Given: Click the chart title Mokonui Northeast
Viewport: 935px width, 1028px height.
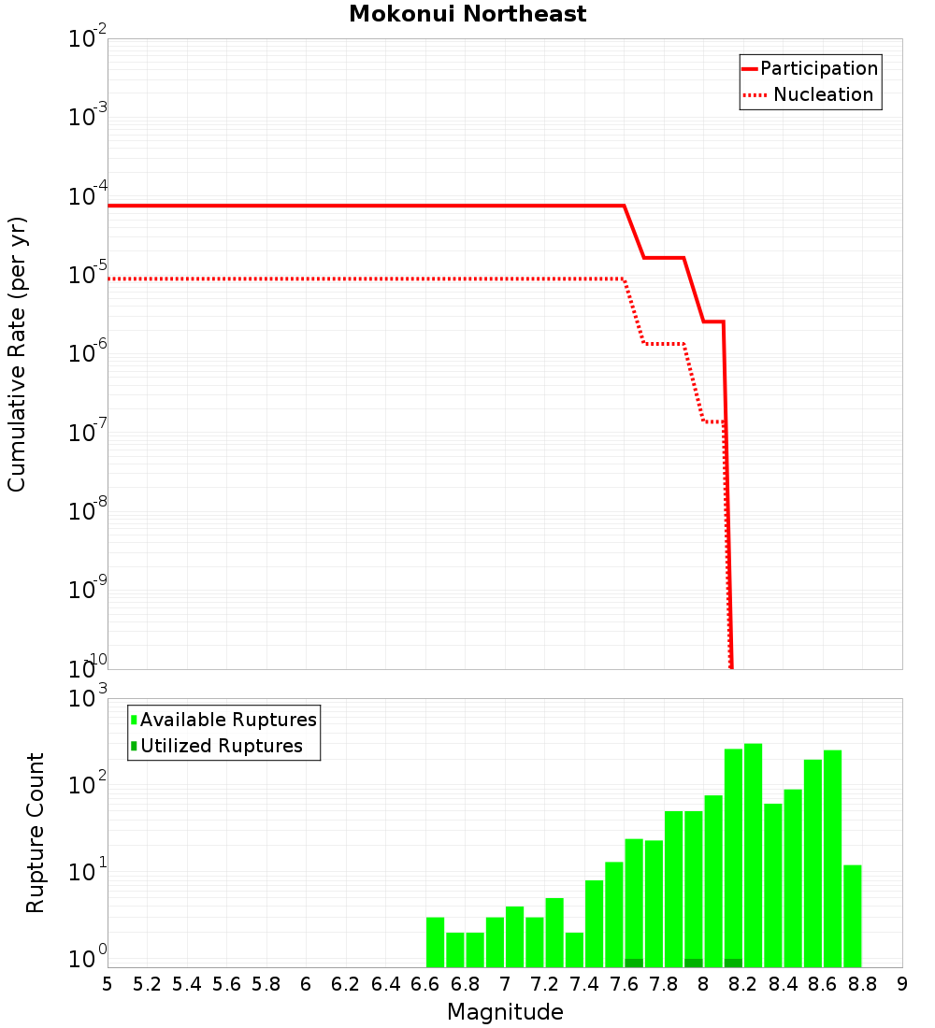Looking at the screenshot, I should (467, 14).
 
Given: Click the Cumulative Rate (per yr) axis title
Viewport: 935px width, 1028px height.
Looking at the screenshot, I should (17, 353).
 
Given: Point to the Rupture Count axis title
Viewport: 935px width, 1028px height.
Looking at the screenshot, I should (35, 832).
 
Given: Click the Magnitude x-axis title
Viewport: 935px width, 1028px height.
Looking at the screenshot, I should (505, 1012).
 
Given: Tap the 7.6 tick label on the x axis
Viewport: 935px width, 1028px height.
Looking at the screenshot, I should (624, 984).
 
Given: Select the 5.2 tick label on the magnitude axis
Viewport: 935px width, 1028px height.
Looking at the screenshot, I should (148, 984).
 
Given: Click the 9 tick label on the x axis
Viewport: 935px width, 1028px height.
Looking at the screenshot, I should (902, 984).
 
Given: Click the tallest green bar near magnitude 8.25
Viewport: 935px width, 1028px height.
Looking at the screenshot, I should (754, 855).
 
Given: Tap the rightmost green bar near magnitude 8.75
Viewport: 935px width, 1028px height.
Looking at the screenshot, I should (852, 916).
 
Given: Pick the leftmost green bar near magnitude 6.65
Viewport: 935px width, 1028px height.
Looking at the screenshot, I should (436, 942).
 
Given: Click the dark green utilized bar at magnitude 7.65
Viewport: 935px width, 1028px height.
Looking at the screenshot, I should (634, 963).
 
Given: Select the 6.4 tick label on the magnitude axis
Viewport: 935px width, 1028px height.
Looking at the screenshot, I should (385, 984).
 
